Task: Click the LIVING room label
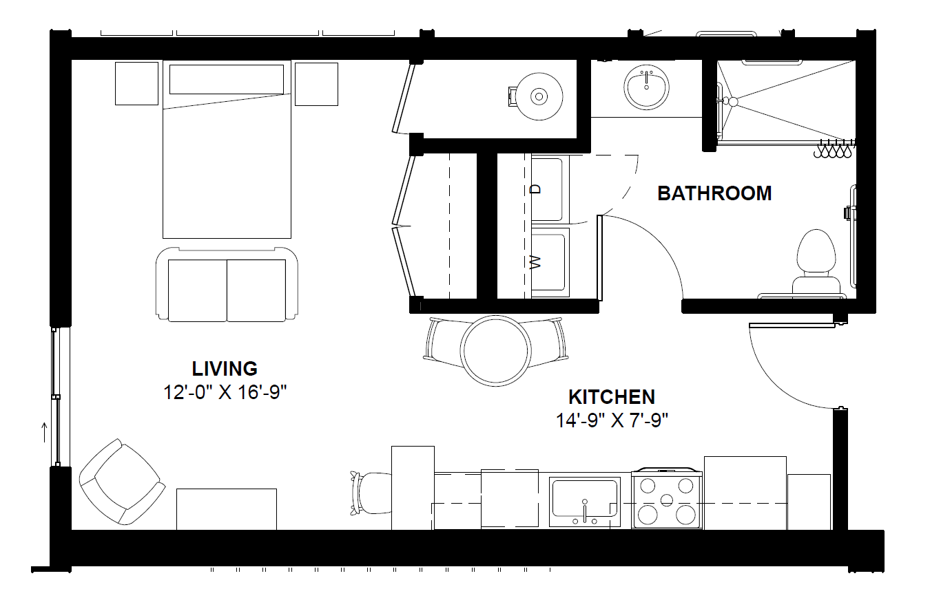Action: pyautogui.click(x=225, y=369)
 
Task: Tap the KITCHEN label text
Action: pyautogui.click(x=612, y=397)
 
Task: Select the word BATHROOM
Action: pyautogui.click(x=714, y=193)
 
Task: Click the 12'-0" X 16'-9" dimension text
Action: pyautogui.click(x=225, y=392)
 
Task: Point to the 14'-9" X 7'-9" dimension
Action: pyautogui.click(x=612, y=420)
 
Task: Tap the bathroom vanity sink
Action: pyautogui.click(x=646, y=87)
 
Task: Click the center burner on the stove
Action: pyautogui.click(x=666, y=500)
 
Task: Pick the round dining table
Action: pyautogui.click(x=496, y=350)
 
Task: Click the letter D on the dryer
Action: pyautogui.click(x=536, y=189)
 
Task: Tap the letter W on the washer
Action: pyautogui.click(x=536, y=262)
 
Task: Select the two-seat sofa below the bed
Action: pyautogui.click(x=227, y=285)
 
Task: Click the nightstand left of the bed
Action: pyautogui.click(x=136, y=83)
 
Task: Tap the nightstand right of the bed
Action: pyautogui.click(x=316, y=84)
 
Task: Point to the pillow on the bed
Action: pyautogui.click(x=227, y=79)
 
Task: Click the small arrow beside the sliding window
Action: pyautogui.click(x=44, y=433)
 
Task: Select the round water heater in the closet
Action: pyautogui.click(x=539, y=96)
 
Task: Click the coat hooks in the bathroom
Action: pyautogui.click(x=833, y=150)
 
